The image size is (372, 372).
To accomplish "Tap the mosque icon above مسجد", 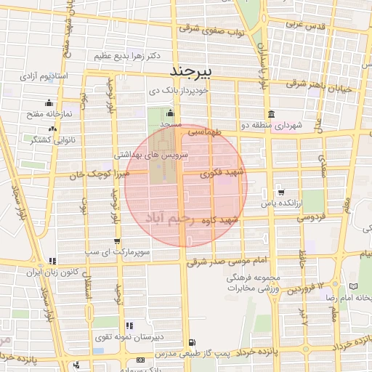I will tap(170, 113).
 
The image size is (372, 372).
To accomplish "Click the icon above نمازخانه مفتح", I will tap(49, 102).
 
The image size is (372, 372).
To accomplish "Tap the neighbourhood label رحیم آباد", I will tap(172, 218).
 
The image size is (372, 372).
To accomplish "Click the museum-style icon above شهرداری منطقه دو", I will tap(271, 114).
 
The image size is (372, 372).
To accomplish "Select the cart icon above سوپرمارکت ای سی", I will tap(117, 240).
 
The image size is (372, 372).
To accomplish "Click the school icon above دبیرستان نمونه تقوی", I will tap(129, 325).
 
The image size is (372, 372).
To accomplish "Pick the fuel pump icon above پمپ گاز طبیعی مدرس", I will tap(191, 342).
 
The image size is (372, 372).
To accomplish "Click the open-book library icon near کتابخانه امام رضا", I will tap(354, 288).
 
